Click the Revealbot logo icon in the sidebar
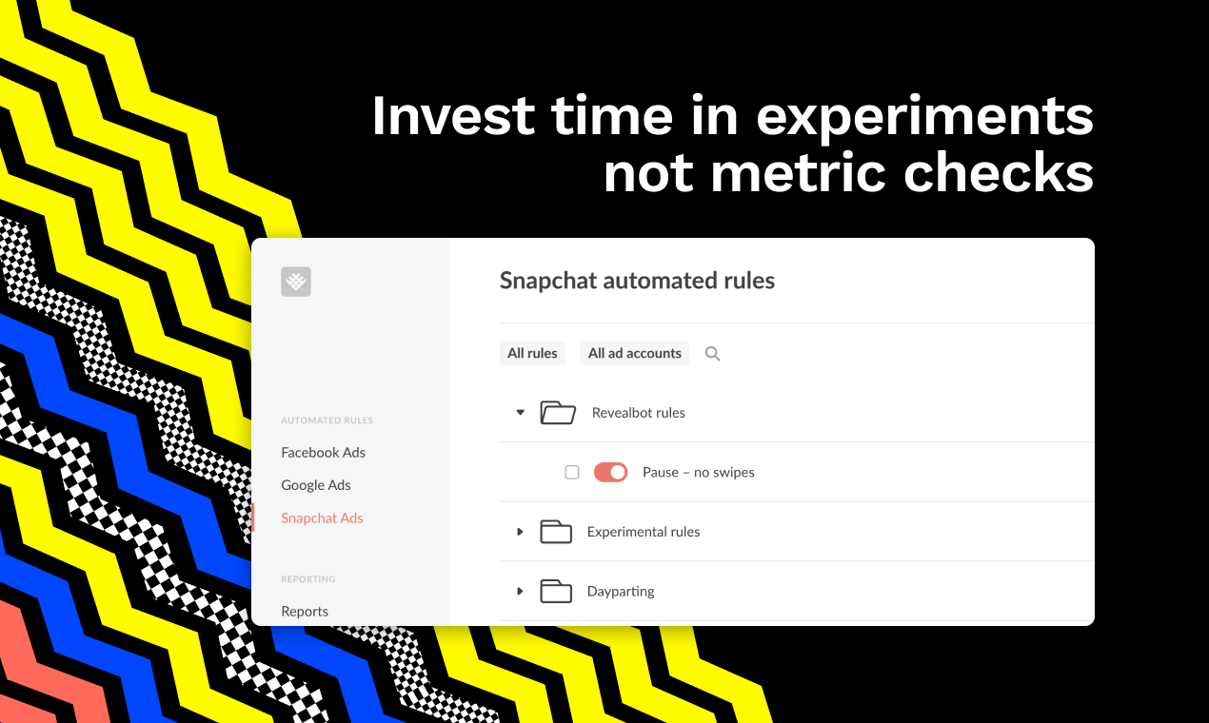(x=296, y=282)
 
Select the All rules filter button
(x=532, y=353)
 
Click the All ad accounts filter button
(x=634, y=353)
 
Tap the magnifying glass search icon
(x=712, y=354)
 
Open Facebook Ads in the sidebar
(x=323, y=452)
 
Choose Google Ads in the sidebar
(x=316, y=484)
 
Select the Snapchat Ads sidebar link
(x=322, y=518)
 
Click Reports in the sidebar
(x=305, y=611)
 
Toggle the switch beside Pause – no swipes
(x=610, y=472)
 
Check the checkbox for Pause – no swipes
(x=572, y=472)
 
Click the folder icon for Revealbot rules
(x=558, y=412)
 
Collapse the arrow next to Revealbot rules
(x=520, y=412)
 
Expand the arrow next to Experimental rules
(x=520, y=532)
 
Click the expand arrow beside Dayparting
(x=520, y=591)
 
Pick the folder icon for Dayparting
(x=556, y=591)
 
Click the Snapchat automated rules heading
(x=637, y=281)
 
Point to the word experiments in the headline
(x=924, y=116)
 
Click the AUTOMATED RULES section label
(x=327, y=420)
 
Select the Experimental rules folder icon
(x=556, y=532)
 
